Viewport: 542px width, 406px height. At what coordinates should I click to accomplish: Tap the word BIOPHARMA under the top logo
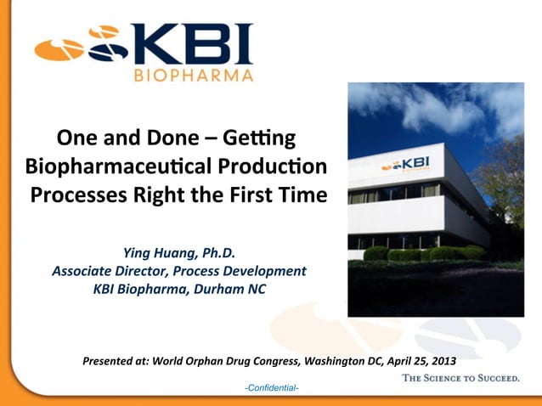tap(195, 75)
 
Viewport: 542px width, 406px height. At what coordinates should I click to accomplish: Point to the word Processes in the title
tap(79, 194)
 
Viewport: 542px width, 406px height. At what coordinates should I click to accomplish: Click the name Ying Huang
tap(160, 252)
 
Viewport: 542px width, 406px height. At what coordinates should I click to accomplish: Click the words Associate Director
tap(110, 271)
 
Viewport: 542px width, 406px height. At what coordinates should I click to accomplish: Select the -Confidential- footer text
tap(271, 388)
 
